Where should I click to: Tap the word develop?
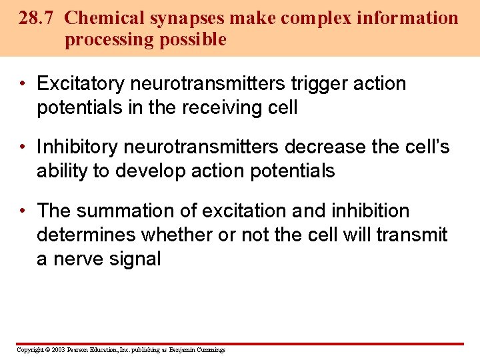pyautogui.click(x=151, y=171)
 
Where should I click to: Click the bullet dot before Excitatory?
pyautogui.click(x=23, y=84)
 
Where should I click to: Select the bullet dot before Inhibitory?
pyautogui.click(x=23, y=147)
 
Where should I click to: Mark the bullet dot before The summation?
pyautogui.click(x=23, y=211)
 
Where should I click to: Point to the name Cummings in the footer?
pyautogui.click(x=210, y=350)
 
